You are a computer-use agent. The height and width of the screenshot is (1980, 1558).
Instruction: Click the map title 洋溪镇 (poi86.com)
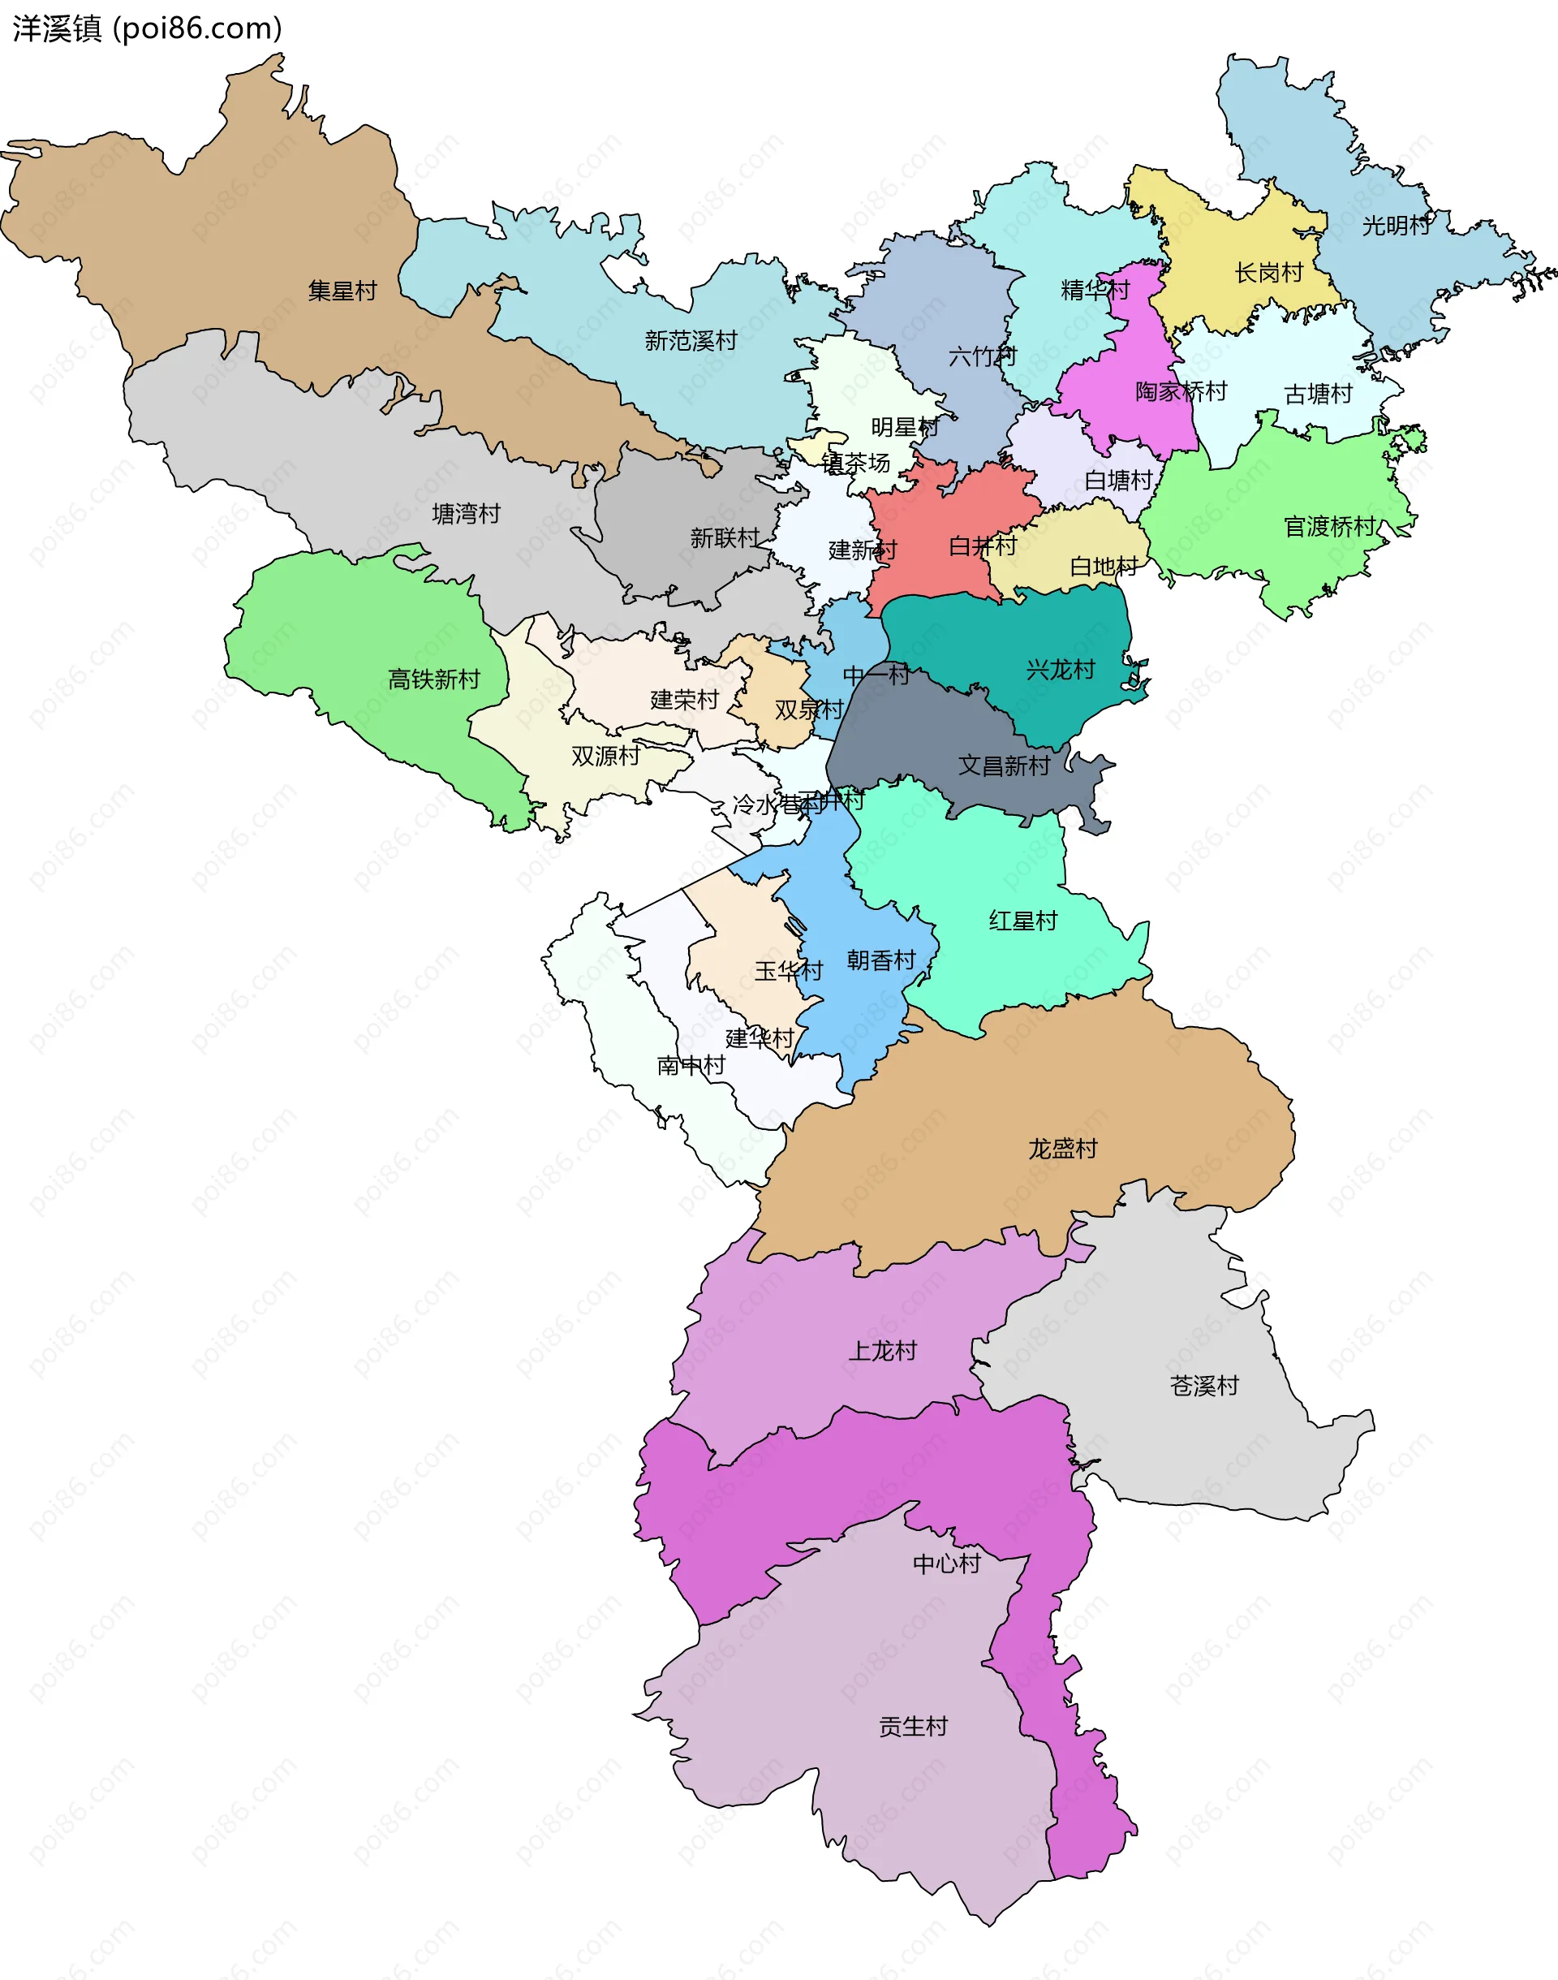[x=147, y=29]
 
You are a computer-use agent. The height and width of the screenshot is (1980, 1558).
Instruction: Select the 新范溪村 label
[x=691, y=341]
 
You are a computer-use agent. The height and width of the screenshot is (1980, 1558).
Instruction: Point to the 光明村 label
[x=1396, y=226]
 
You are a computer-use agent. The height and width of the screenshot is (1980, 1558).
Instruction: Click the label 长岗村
[x=1268, y=273]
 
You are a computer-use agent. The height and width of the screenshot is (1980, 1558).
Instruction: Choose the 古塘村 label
[x=1318, y=395]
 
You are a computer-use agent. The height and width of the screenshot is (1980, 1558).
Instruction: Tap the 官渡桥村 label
[x=1329, y=527]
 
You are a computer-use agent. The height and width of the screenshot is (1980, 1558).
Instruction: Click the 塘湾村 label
[x=466, y=514]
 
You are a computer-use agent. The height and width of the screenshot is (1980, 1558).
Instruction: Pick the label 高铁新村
[x=433, y=679]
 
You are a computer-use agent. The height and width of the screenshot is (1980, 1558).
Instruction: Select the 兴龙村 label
[x=1060, y=670]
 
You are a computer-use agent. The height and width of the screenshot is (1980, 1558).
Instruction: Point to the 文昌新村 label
[x=1004, y=766]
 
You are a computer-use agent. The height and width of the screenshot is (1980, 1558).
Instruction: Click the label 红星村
[x=1022, y=921]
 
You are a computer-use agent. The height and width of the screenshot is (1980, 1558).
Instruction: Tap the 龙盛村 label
[x=1063, y=1149]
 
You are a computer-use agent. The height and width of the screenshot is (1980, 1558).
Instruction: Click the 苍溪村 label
[x=1204, y=1386]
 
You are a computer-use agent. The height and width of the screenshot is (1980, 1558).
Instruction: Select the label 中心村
[x=947, y=1564]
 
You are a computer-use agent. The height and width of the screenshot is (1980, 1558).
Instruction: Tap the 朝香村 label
[x=880, y=960]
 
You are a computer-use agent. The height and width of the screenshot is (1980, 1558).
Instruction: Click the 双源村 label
[x=605, y=756]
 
